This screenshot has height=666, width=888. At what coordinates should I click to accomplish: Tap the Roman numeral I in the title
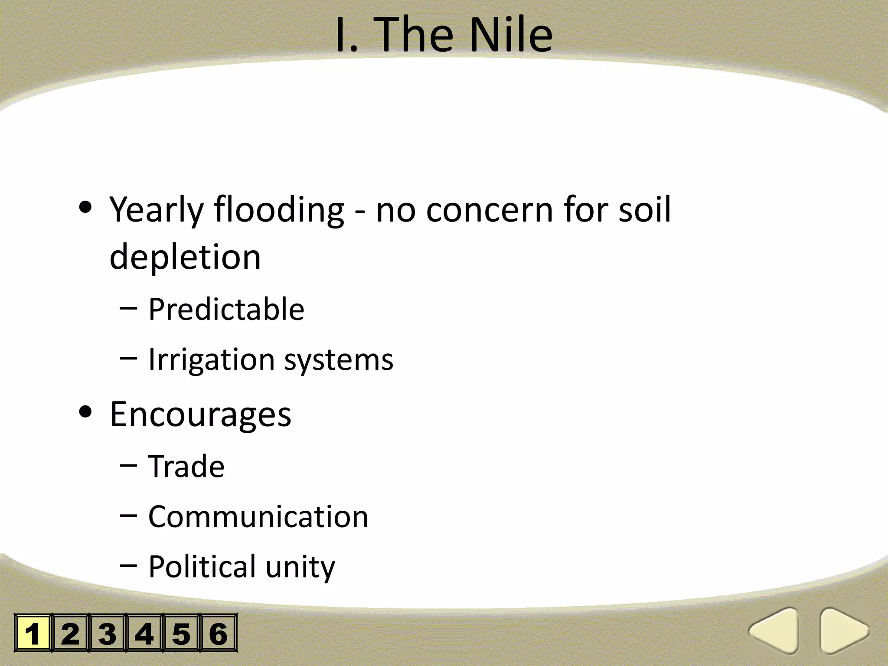(343, 35)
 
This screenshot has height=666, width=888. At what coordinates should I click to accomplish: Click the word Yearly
(156, 210)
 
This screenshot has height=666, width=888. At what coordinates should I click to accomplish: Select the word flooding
(279, 210)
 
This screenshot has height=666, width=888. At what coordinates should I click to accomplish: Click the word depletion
(185, 257)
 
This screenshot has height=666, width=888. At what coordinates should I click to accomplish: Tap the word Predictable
(226, 309)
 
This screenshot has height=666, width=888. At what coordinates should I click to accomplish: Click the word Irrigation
(211, 360)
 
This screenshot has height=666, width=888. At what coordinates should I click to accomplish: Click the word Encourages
(200, 415)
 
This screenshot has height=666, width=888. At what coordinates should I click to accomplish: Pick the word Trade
(186, 467)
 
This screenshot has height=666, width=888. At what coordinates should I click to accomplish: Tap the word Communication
(258, 517)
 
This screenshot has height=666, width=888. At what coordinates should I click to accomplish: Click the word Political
(202, 567)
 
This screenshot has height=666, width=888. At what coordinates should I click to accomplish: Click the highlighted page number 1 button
(33, 633)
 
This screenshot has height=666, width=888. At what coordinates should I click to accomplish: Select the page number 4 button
(144, 633)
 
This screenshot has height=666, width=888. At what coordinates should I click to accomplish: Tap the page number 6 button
(219, 633)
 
